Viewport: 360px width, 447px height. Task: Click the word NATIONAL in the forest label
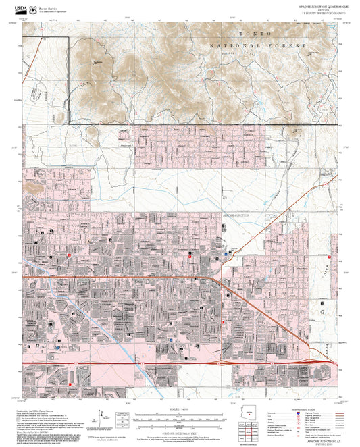click(227, 45)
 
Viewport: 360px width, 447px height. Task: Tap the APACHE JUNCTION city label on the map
click(236, 214)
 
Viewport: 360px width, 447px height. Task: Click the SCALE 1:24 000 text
click(180, 410)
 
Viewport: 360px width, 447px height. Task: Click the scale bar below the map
click(180, 419)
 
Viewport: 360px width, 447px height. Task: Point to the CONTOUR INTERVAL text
click(180, 429)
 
